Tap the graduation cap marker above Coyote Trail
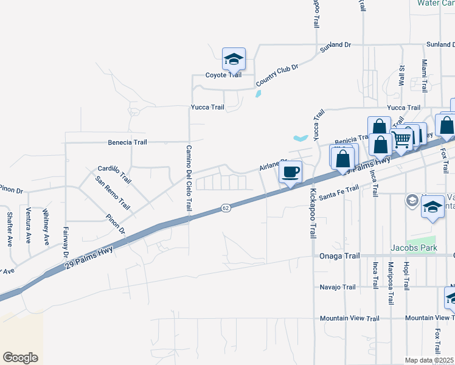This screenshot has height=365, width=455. [233, 60]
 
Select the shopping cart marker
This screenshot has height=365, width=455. [401, 140]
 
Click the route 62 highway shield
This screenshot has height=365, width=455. [226, 208]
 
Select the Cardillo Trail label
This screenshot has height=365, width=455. [114, 174]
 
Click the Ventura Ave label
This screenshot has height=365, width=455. [29, 226]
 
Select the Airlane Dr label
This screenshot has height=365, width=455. [273, 165]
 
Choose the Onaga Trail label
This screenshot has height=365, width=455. [338, 256]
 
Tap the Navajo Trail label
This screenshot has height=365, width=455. [338, 287]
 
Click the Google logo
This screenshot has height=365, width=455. [20, 358]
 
